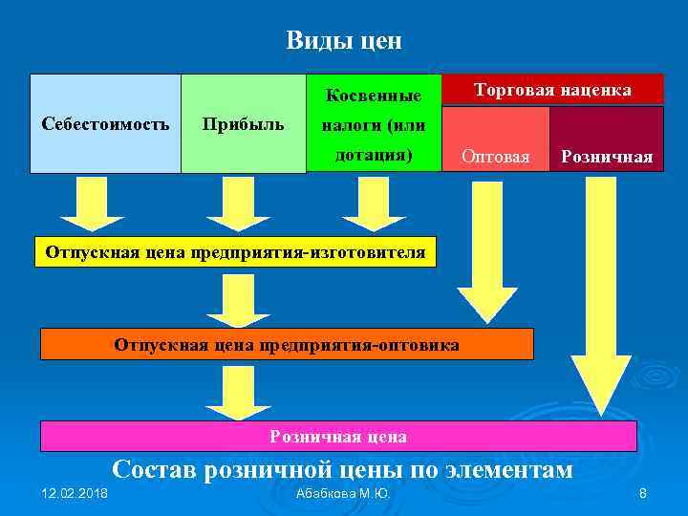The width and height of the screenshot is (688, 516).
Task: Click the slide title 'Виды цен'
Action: click(344, 41)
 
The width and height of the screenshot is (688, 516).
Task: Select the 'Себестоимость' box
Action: click(106, 123)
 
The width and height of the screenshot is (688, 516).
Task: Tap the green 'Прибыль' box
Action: click(242, 123)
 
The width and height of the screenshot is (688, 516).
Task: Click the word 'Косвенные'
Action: click(374, 96)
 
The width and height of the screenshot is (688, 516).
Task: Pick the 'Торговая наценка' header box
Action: click(552, 89)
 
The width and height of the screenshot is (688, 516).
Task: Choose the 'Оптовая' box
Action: click(495, 156)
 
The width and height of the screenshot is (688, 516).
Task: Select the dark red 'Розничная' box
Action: click(607, 156)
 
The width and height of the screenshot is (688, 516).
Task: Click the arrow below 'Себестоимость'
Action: click(87, 203)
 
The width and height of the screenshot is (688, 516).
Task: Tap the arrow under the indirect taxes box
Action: click(374, 203)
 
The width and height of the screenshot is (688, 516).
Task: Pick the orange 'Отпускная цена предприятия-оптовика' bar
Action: click(287, 343)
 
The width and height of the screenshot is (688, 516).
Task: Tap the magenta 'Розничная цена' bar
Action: click(338, 436)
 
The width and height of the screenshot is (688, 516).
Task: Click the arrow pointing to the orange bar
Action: click(238, 298)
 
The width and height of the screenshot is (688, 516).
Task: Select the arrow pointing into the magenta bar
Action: click(238, 392)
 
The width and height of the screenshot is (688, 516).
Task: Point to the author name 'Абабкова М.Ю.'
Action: click(343, 493)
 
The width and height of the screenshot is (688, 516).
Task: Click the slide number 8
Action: click(643, 493)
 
